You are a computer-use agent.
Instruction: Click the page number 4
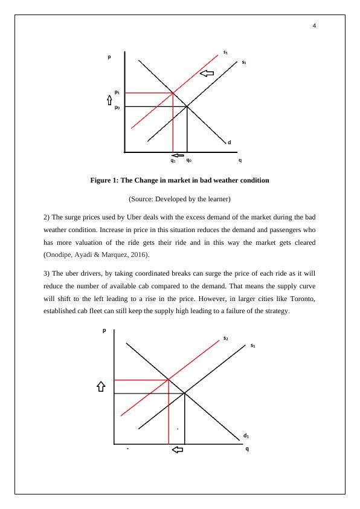[x=315, y=25]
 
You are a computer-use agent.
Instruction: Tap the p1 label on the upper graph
[x=118, y=92]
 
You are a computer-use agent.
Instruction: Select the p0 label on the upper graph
[x=118, y=107]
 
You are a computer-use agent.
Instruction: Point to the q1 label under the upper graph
[x=173, y=161]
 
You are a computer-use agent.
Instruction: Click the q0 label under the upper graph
[x=189, y=161]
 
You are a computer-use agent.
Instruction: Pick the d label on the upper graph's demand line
[x=230, y=143]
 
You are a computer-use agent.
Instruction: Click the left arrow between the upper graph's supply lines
[x=207, y=74]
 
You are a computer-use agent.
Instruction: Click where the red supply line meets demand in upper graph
[x=173, y=92]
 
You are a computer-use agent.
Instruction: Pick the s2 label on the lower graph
[x=225, y=338]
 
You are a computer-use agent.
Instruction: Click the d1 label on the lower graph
[x=246, y=435]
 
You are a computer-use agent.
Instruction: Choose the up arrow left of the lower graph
[x=101, y=387]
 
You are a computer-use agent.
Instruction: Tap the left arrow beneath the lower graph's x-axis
[x=178, y=450]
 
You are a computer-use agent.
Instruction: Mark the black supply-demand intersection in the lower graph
[x=184, y=394]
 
